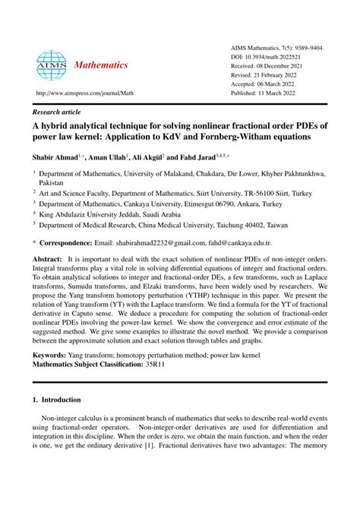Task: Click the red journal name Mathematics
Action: point(101,65)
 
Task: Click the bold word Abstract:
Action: point(47,259)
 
